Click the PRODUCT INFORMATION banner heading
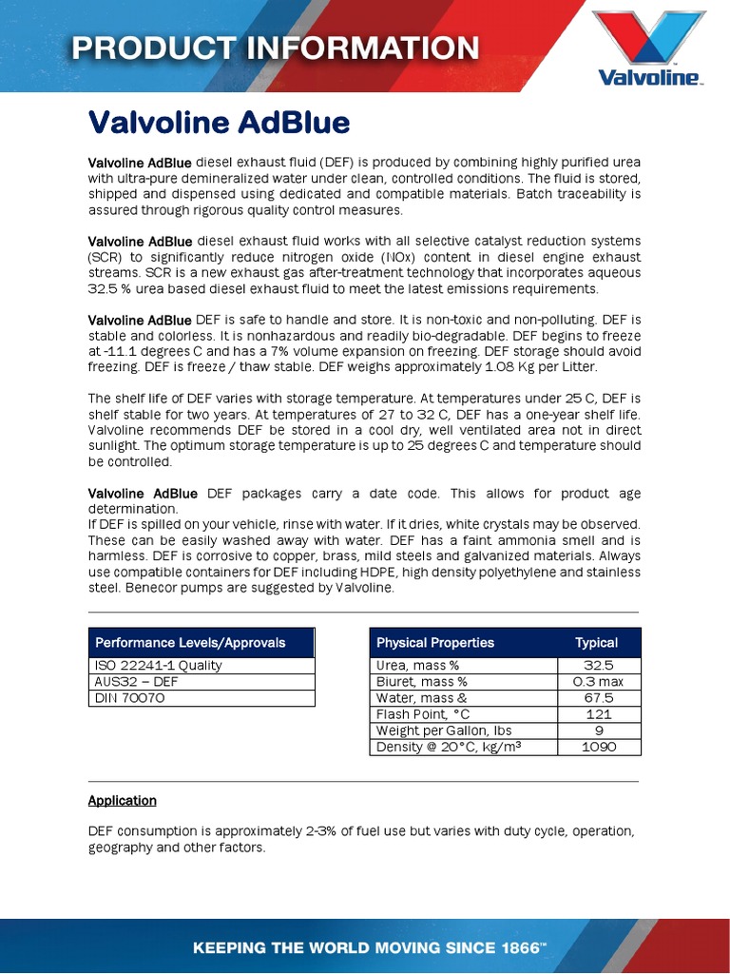(277, 48)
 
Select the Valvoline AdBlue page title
(220, 123)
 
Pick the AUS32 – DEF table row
(201, 681)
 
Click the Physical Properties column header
(435, 642)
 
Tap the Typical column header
(597, 642)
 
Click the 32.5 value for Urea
(598, 666)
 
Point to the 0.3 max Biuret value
(598, 682)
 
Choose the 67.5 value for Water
(598, 698)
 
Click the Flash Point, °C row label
(423, 714)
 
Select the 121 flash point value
(598, 714)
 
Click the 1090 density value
(598, 747)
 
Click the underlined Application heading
(123, 801)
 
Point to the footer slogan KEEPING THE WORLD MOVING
(370, 948)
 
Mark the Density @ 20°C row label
(450, 747)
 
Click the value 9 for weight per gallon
(598, 730)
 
